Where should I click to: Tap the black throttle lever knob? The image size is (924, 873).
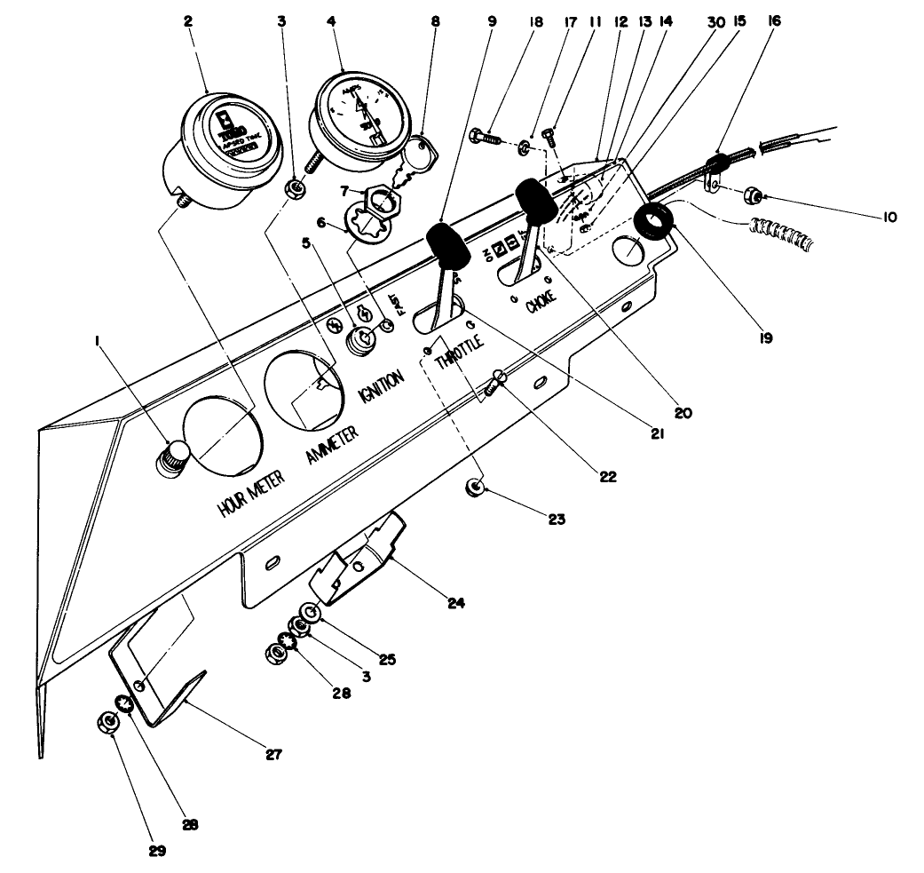pos(448,243)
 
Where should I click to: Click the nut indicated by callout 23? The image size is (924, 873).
pos(478,488)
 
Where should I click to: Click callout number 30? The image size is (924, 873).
pos(710,18)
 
